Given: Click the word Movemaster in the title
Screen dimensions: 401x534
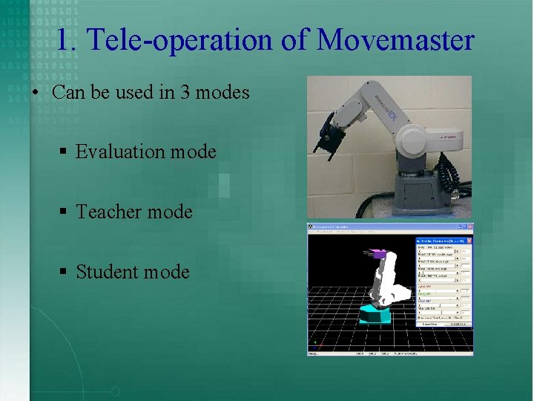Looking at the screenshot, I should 395,39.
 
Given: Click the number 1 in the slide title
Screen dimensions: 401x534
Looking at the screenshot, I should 63,39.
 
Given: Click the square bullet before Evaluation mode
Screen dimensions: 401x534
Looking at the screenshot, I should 64,152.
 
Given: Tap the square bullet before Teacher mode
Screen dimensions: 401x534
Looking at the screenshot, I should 64,212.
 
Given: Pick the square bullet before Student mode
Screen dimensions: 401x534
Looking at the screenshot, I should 64,273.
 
